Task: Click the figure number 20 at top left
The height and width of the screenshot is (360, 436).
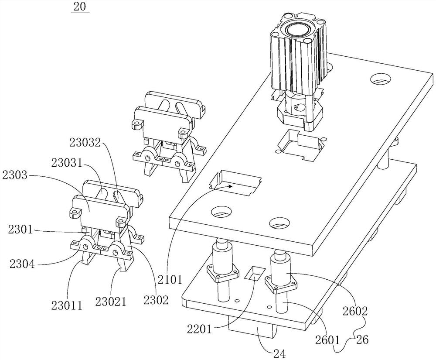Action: pos(80,7)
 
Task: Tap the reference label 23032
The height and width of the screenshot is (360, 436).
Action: pos(85,144)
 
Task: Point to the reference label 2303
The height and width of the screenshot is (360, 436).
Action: pos(14,175)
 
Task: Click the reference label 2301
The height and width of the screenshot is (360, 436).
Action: pos(20,230)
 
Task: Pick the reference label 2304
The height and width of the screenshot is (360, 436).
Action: pos(22,263)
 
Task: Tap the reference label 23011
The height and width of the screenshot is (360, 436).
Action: pos(67,305)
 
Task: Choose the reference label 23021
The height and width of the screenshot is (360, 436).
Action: pos(111,301)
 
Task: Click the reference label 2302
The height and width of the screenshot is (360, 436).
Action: pos(156,300)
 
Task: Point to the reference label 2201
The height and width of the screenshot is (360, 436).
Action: pos(199,329)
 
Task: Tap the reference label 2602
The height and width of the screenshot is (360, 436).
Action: pos(355,311)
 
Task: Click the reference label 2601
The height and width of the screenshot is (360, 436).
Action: pos(328,339)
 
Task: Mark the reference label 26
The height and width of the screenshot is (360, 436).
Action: pos(362,339)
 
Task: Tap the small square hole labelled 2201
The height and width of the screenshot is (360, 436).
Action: pos(254,273)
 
